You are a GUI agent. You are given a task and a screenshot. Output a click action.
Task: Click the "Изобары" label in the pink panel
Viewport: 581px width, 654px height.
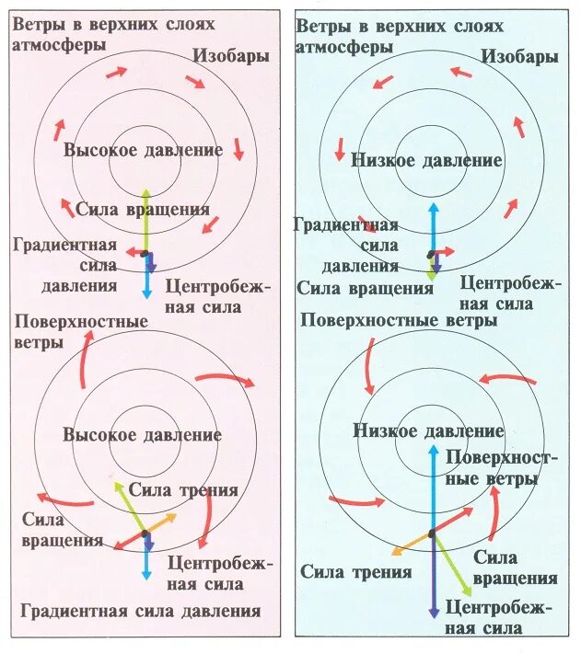click(231, 56)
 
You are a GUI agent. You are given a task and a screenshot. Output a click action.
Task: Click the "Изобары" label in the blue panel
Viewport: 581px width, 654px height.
click(518, 57)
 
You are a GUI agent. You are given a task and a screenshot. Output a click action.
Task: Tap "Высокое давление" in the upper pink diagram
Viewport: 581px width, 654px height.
click(144, 150)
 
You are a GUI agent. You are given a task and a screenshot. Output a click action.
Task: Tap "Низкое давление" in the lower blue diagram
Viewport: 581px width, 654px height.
click(429, 431)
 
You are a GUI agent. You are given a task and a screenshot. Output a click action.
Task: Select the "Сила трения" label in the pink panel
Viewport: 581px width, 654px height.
click(183, 490)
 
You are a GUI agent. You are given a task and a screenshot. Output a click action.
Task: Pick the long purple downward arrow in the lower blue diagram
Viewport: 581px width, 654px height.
click(433, 579)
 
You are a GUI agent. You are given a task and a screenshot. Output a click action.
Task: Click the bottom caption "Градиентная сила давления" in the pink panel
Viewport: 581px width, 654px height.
click(139, 611)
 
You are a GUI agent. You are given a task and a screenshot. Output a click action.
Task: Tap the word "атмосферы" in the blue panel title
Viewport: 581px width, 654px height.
click(343, 46)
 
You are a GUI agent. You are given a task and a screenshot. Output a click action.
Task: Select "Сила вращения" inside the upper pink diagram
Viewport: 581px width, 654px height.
click(144, 209)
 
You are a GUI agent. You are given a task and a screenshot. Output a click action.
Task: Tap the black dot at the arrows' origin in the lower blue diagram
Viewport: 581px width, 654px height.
click(431, 534)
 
